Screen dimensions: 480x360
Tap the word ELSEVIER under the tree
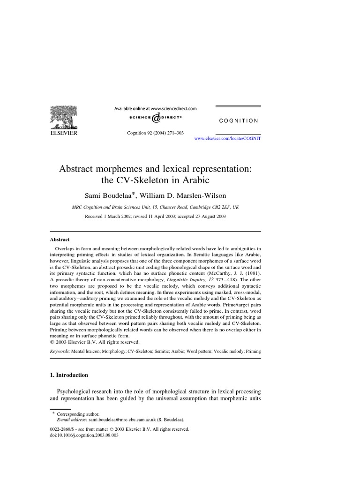[64, 133]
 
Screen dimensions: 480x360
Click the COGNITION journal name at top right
[239, 120]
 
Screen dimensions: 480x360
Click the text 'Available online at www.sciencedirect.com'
[156, 108]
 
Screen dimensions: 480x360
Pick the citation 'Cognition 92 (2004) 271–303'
[156, 133]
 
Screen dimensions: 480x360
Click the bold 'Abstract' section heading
[60, 239]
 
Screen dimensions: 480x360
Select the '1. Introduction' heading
[69, 375]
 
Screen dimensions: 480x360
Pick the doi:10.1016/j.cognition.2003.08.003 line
[84, 435]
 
